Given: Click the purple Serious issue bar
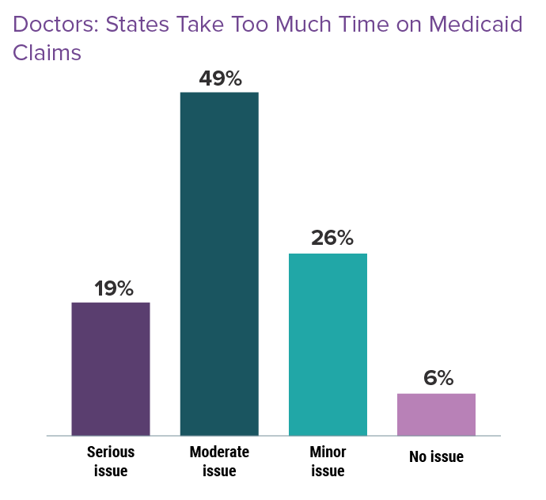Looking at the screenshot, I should pos(111,368).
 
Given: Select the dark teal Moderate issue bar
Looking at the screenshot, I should pos(219,264).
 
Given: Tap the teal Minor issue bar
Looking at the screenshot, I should pos(328,344).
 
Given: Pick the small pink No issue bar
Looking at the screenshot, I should pos(436,414).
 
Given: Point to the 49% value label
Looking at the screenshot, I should pos(220,78).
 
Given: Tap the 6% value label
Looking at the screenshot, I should pos(438,379).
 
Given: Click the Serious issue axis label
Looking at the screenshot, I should pos(110,462).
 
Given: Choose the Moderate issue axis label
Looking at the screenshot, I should pos(219,462).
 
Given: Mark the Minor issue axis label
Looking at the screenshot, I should pos(328,462).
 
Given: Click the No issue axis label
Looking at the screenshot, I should pos(436,457).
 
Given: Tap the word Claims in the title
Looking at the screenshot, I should pos(47,53).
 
